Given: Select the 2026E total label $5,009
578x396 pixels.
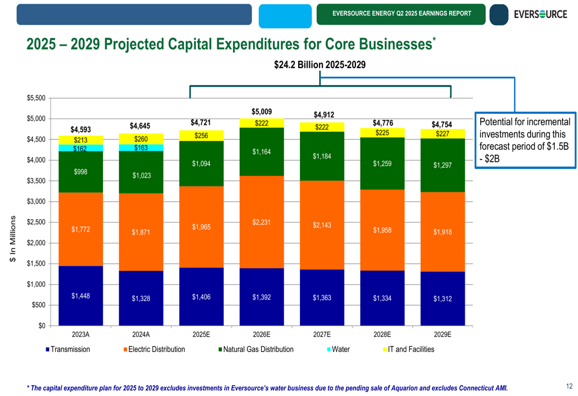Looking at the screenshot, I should coord(261,112).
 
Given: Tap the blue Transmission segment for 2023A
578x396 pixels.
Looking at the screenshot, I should coord(80,295).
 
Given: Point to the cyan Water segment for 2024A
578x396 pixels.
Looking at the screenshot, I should coord(140,148).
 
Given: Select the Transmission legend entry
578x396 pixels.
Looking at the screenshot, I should coord(68,349).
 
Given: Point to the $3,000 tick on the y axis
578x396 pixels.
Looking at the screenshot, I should coord(36,202).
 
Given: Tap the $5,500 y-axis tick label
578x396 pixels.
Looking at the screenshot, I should coord(36,98).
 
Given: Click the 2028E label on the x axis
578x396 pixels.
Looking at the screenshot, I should coord(382,334).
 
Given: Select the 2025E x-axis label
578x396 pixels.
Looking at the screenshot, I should coord(201,334).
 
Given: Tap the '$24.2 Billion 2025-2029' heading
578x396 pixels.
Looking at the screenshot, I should coord(320,65).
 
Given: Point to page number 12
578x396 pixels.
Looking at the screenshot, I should coord(569,386).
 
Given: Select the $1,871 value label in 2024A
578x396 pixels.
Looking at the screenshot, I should coord(140,232).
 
